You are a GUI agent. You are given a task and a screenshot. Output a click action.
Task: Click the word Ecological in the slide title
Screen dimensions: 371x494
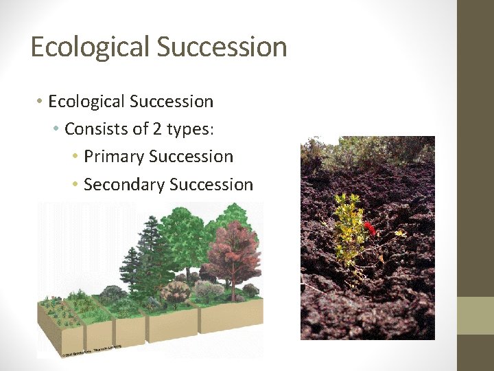[x=90, y=47]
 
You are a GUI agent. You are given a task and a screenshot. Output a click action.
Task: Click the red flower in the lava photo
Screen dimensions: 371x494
[x=368, y=227]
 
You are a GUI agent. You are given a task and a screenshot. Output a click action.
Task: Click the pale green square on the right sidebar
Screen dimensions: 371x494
[x=475, y=315]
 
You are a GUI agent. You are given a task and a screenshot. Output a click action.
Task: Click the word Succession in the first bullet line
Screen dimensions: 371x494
[x=173, y=102]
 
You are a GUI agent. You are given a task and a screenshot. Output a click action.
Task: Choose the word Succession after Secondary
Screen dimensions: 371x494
[x=211, y=185]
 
